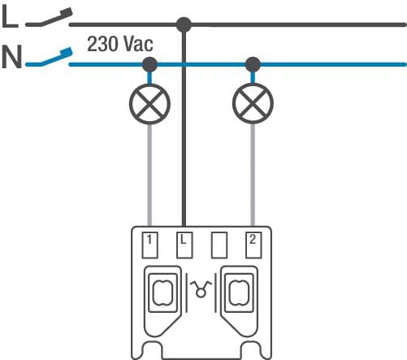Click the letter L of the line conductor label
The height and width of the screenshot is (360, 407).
point(10,16)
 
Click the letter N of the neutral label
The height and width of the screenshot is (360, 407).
point(11,57)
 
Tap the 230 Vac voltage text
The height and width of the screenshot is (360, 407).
point(120,44)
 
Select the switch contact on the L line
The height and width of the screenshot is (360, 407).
point(49,19)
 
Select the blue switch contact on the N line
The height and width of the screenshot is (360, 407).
point(49,58)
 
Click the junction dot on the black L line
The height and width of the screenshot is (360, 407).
point(184,24)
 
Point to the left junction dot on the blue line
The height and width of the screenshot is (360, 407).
point(149,64)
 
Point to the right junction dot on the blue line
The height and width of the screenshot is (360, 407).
point(253,64)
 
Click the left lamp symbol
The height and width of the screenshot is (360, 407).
point(149,104)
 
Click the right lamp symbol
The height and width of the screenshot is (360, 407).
point(253,104)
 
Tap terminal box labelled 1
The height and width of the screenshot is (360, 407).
point(150,245)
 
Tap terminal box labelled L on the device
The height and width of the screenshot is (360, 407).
point(184,245)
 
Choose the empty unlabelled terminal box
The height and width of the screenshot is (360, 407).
point(219,245)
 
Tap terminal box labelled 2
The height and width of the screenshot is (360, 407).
point(253,245)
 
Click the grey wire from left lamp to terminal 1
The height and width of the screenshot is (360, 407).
point(149,175)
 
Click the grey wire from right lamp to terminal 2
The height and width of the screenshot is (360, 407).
point(253,175)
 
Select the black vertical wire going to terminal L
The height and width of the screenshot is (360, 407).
point(184,125)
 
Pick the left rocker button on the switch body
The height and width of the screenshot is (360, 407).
point(162,293)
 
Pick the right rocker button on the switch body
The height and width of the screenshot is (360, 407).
point(239,293)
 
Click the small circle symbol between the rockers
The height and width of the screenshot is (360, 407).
point(201,293)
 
